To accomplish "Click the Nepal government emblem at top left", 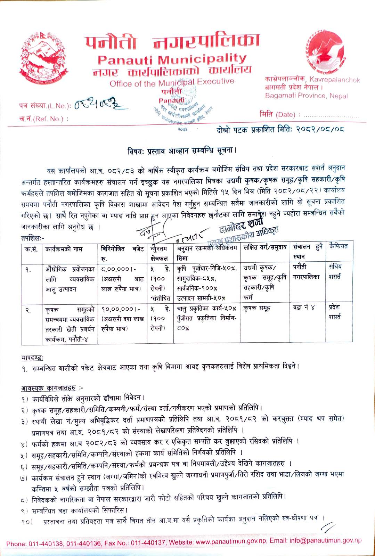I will [x=43, y=59].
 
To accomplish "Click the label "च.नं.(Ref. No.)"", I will [x=43, y=119].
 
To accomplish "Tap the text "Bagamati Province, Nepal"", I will [x=306, y=96].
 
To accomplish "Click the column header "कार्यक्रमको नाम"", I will [x=64, y=249].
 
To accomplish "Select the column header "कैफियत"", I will [x=339, y=246].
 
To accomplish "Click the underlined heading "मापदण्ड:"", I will [x=32, y=357].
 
